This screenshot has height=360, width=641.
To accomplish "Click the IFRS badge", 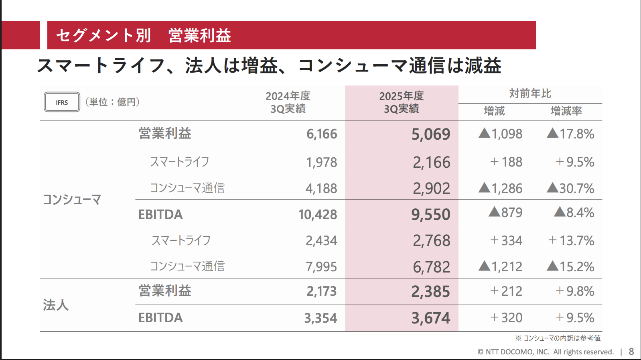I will click(62, 102).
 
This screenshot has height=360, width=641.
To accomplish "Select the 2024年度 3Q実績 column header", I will click(288, 102).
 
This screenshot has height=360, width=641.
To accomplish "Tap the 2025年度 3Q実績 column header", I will click(401, 102).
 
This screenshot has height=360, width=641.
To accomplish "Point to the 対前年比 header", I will click(530, 94).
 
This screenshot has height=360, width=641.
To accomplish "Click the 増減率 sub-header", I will click(566, 111).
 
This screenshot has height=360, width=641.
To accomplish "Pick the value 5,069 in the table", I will click(431, 134).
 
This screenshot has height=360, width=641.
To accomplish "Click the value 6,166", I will click(322, 134).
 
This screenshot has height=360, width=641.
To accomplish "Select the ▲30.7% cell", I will click(570, 188).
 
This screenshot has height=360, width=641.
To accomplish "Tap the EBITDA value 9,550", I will click(431, 215).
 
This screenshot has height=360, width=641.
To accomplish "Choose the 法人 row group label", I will click(56, 305).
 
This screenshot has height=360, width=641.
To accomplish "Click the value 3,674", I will click(431, 318).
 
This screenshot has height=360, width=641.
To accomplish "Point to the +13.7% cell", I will click(571, 241).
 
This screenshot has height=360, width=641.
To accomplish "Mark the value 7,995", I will click(321, 267).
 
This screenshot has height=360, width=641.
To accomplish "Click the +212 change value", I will click(506, 291).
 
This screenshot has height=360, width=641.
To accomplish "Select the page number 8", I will click(631, 352).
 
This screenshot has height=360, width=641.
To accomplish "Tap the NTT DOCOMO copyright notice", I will click(546, 352).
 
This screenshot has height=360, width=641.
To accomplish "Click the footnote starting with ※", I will click(558, 338).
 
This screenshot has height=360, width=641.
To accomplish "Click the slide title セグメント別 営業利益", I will click(144, 35).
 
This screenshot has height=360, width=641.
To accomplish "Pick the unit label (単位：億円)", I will click(112, 102).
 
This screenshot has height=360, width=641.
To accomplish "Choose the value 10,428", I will click(318, 215).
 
